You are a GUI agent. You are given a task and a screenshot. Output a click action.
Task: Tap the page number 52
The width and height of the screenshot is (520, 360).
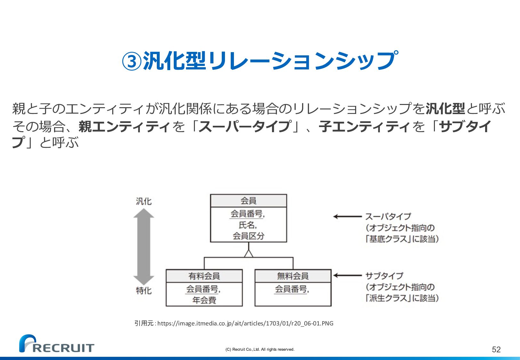pyautogui.click(x=496, y=349)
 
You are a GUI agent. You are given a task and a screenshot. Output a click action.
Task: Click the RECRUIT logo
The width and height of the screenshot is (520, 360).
pyautogui.click(x=57, y=344)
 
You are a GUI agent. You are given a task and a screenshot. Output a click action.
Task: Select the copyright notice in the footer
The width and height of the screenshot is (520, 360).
pyautogui.click(x=260, y=349)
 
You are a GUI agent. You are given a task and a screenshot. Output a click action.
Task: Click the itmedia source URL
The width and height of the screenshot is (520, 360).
pyautogui.click(x=245, y=323)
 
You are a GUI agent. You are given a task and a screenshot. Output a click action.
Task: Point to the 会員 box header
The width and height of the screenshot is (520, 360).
pyautogui.click(x=248, y=201)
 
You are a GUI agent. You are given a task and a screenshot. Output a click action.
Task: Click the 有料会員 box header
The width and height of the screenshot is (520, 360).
pyautogui.click(x=204, y=276)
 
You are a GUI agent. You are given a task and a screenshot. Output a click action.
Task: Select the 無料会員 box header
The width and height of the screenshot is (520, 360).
pyautogui.click(x=293, y=276)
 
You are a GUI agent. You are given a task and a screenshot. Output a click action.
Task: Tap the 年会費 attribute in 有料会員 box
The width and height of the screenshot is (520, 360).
pyautogui.click(x=204, y=300)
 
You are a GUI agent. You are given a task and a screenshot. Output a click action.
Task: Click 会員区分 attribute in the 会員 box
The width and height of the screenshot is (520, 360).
pyautogui.click(x=248, y=236)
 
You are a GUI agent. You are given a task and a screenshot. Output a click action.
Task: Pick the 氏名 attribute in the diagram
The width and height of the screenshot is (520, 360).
pyautogui.click(x=248, y=225)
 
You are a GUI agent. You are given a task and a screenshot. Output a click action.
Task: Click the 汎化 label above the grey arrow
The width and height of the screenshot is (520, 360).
pyautogui.click(x=144, y=201)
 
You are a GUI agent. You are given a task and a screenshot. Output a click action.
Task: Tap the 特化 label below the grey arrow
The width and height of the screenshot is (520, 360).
pyautogui.click(x=144, y=291)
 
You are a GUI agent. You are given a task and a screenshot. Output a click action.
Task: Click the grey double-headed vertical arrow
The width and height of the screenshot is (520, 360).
pyautogui.click(x=144, y=246)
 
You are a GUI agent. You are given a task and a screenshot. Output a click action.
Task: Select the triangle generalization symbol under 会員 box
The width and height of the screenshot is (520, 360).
pyautogui.click(x=249, y=253)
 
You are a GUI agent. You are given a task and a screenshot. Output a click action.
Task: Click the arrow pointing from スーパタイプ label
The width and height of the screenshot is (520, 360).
pyautogui.click(x=347, y=217)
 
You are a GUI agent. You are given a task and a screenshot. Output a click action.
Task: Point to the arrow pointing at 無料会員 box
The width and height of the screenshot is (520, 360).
pyautogui.click(x=347, y=275)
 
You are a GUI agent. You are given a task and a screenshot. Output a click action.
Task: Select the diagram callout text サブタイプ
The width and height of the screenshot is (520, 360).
pyautogui.click(x=384, y=276)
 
